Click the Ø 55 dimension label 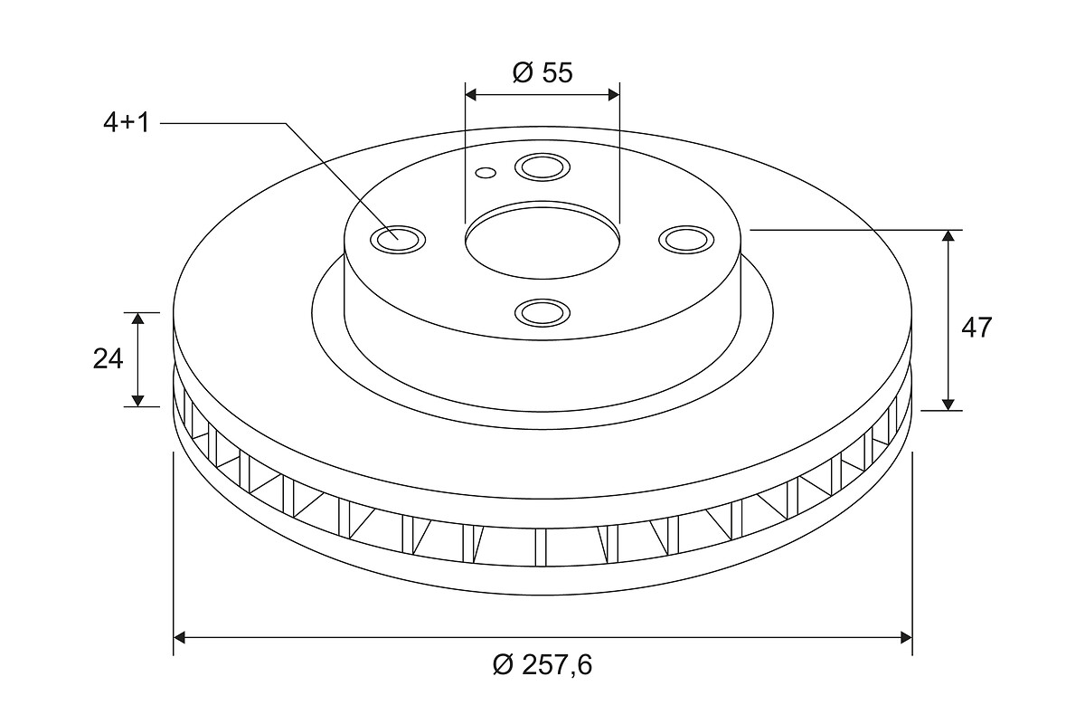pyautogui.click(x=542, y=72)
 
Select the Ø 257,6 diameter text pyautogui.click(x=542, y=664)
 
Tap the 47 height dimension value pyautogui.click(x=976, y=328)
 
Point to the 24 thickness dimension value pyautogui.click(x=108, y=359)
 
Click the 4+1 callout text pyautogui.click(x=127, y=123)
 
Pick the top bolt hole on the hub pyautogui.click(x=542, y=167)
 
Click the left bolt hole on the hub pyautogui.click(x=398, y=240)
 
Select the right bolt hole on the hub pyautogui.click(x=687, y=240)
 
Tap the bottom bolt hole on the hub pyautogui.click(x=542, y=312)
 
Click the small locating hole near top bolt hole pyautogui.click(x=486, y=173)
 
